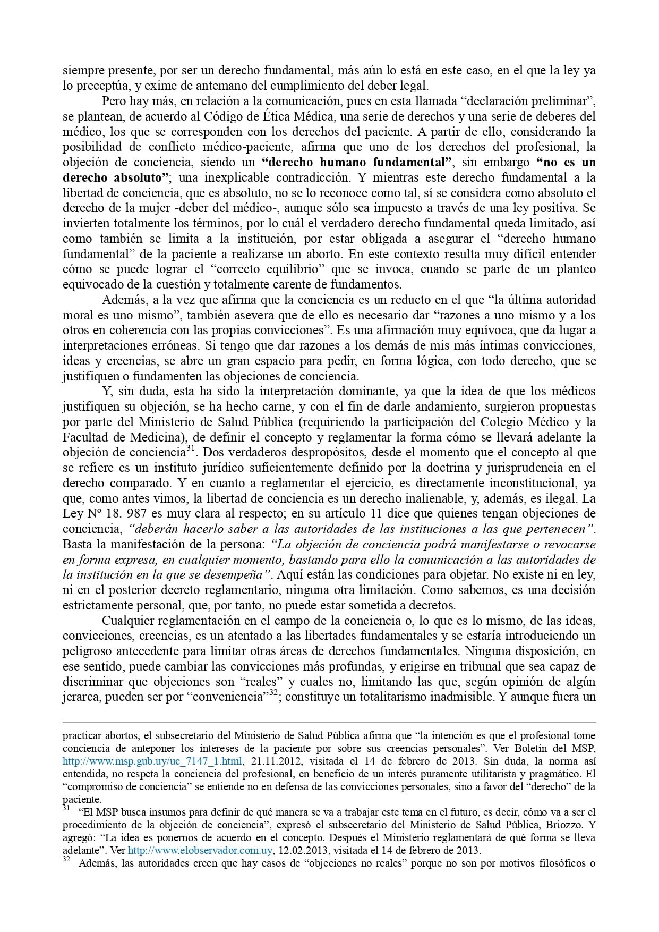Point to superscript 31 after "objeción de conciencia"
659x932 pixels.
pos(192,450)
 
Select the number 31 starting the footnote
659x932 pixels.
pos(66,808)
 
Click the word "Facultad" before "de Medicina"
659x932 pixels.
pos(83,437)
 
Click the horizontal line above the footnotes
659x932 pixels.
pos(329,723)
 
